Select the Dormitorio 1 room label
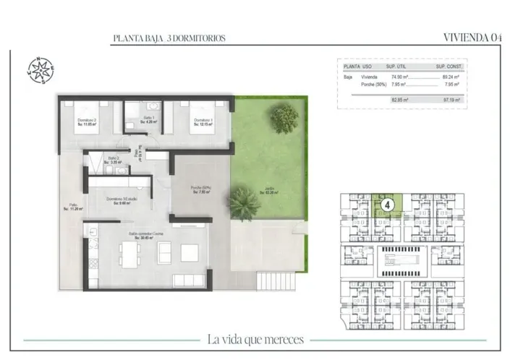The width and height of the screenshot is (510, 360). (x=202, y=122)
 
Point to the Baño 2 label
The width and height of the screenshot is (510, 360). (x=114, y=160)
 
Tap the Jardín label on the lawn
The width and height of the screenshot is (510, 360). (x=269, y=192)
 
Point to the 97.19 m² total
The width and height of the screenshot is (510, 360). (x=451, y=100)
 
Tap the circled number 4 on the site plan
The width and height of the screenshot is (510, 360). (x=388, y=205)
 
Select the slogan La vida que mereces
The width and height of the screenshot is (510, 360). (x=255, y=339)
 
